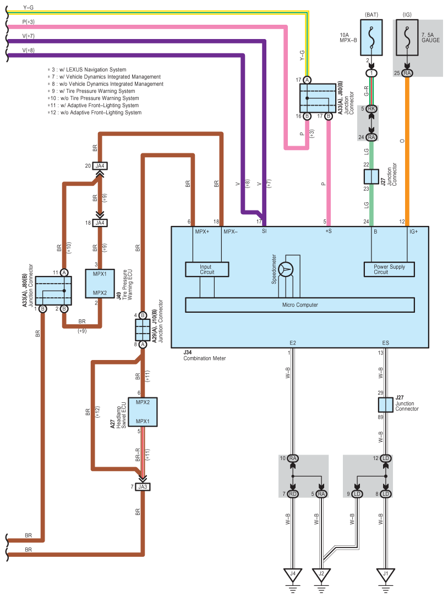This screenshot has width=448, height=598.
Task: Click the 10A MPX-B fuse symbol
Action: tap(371, 37)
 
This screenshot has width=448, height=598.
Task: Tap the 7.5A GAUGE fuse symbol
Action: tap(407, 37)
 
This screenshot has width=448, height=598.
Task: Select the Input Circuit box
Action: tap(207, 269)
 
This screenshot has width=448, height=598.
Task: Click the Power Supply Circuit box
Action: tap(389, 269)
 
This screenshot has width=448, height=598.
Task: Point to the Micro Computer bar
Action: tap(300, 304)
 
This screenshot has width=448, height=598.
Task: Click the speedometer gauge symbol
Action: tap(286, 270)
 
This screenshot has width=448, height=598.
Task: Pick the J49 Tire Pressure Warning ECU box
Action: tap(100, 284)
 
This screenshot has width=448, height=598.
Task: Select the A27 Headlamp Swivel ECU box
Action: tap(143, 412)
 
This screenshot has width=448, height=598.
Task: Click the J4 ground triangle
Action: tap(293, 575)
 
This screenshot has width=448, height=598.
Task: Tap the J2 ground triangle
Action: tap(321, 575)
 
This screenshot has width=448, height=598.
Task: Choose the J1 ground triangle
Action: tap(385, 575)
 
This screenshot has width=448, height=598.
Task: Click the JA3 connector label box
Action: tap(143, 486)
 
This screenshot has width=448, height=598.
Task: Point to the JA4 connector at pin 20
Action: tap(100, 166)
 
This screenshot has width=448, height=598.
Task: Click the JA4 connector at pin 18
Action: tap(100, 223)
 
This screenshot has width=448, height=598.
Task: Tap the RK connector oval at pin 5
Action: tap(371, 109)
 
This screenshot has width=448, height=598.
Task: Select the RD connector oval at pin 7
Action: tap(293, 494)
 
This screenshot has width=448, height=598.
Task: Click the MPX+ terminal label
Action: tap(202, 231)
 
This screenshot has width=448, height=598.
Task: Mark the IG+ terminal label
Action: tap(414, 231)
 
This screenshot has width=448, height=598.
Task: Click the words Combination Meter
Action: tap(204, 358)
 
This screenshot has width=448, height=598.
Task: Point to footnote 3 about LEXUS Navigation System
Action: tap(87, 69)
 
